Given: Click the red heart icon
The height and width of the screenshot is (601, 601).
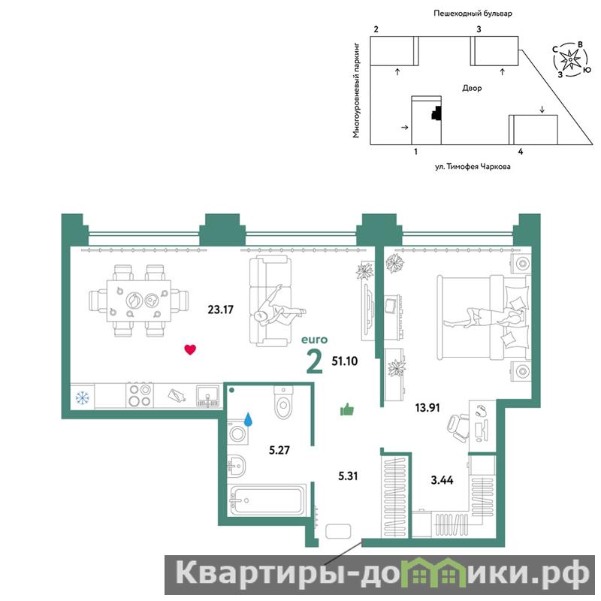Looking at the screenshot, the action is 190,349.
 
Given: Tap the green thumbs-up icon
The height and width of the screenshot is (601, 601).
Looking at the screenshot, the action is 347,409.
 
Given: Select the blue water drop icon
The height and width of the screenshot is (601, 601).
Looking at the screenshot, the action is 249,419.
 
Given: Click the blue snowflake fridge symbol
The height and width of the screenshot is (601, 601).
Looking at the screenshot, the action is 83,397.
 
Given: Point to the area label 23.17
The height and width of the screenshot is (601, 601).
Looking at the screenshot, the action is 220,310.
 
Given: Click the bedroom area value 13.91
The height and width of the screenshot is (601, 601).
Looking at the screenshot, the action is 427,407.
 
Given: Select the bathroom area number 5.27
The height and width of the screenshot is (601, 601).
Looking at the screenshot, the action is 279,449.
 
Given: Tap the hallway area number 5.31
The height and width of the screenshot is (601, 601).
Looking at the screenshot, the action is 348,476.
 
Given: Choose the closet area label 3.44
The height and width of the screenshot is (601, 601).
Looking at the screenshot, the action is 442,480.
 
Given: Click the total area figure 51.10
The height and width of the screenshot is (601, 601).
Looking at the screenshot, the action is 345,361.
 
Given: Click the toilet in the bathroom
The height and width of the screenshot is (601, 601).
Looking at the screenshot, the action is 283,402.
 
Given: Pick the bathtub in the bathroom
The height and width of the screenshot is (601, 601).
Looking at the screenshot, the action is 267,500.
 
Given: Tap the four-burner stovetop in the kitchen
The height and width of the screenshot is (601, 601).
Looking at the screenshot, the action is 140,395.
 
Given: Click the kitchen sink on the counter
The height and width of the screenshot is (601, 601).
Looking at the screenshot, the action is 208,396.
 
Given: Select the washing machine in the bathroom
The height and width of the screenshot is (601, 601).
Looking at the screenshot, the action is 238,433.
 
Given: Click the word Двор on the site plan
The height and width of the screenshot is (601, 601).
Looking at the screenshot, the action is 472,88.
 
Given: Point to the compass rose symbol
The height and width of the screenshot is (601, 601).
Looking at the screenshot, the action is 571,59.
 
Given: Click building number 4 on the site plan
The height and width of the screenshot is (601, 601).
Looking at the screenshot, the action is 520,152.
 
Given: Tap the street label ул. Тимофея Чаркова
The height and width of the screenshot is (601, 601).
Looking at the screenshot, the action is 473,167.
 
